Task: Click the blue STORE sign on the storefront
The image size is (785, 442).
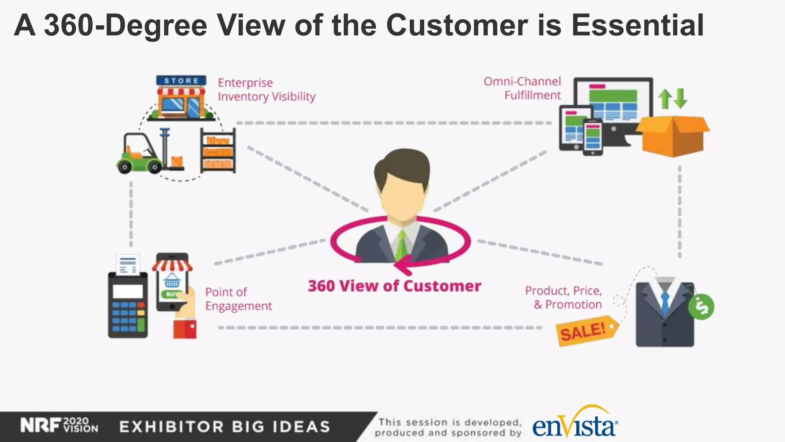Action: (181, 81)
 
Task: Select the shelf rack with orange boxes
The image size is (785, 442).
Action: (218, 150)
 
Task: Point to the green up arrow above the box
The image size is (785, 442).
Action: (665, 98)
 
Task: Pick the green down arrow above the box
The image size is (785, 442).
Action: (681, 98)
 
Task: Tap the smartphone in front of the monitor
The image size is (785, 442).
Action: (593, 137)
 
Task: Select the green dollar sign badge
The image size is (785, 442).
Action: (701, 307)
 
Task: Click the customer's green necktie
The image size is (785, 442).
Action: (401, 246)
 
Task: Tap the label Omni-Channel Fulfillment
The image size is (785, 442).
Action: (523, 88)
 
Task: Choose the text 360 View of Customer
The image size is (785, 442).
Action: (394, 286)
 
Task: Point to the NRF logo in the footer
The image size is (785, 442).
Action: (41, 426)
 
